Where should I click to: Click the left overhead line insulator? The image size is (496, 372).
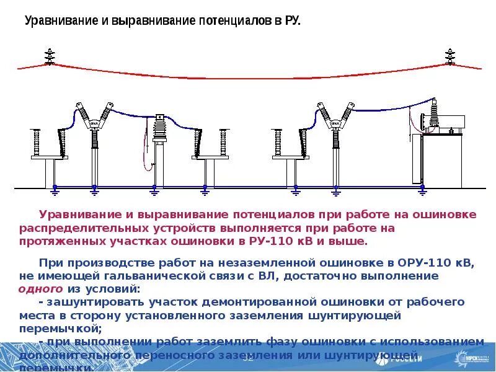coord(50,56)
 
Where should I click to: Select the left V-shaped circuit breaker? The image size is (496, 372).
coord(94,122)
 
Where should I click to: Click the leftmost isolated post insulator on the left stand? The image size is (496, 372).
coord(34,143)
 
